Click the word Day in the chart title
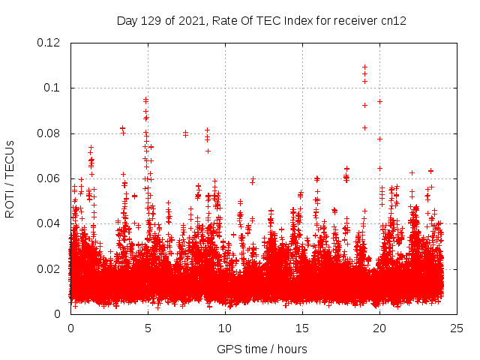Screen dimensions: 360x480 (127, 21)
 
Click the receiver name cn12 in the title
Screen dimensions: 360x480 (394, 21)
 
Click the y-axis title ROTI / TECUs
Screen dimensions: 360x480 (10, 178)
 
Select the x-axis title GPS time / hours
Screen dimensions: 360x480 (262, 349)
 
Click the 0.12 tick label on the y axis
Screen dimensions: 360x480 (50, 43)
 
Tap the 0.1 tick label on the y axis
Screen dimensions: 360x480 (53, 88)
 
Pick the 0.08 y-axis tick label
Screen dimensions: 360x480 (50, 133)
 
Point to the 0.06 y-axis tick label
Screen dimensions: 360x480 (50, 178)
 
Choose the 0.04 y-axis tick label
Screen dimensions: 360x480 (50, 223)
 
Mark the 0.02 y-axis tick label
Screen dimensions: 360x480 (50, 269)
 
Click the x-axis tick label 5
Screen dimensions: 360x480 (148, 328)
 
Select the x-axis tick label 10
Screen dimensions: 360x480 (225, 328)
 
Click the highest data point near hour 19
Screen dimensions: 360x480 (364, 67)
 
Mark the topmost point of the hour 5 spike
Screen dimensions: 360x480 (145, 99)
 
